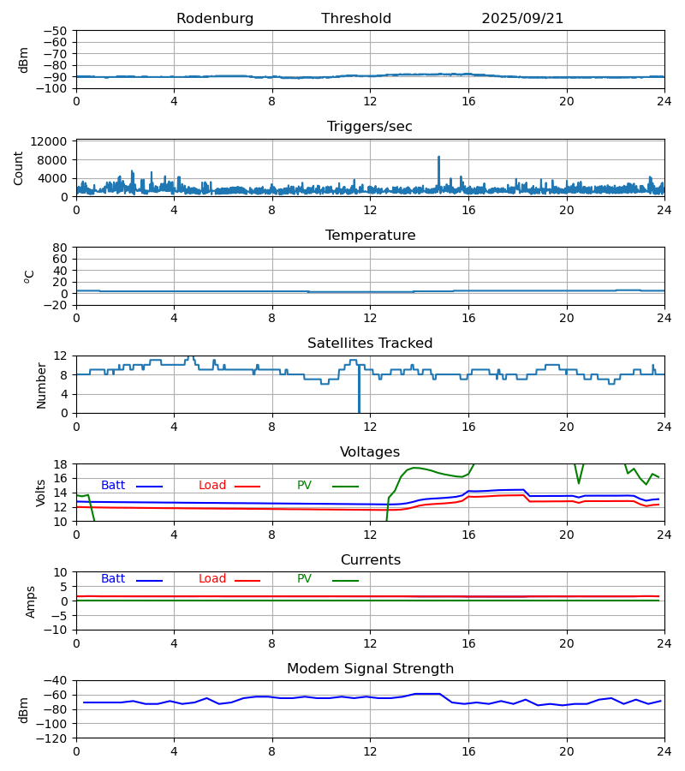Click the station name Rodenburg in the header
(215, 19)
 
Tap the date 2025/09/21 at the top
(522, 19)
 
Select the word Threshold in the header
(356, 19)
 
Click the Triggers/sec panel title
(370, 127)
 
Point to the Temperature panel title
(370, 236)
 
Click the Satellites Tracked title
(370, 344)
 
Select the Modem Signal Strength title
(370, 669)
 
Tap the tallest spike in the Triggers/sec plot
(439, 158)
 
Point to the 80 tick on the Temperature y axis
(61, 248)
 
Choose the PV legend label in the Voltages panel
(304, 486)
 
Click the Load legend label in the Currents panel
(212, 579)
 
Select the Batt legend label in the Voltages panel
(113, 486)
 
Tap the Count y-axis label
(19, 168)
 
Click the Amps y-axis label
(31, 601)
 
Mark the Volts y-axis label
(41, 493)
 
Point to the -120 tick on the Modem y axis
(51, 738)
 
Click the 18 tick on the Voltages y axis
(61, 464)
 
